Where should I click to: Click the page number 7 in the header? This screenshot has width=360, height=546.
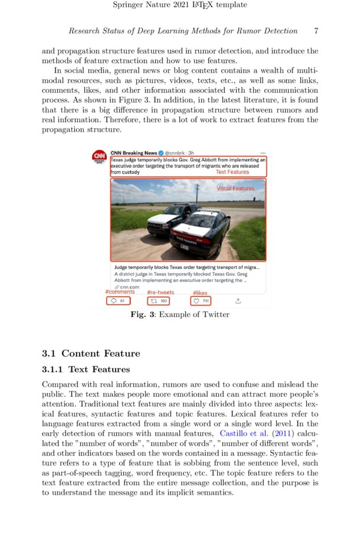[x=316, y=31]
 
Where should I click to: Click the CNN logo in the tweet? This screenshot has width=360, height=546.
[x=99, y=157]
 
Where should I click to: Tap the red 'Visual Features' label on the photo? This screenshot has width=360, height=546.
[x=235, y=188]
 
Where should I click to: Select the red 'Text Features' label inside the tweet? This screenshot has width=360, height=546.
[x=232, y=172]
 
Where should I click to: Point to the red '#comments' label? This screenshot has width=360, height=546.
[x=120, y=292]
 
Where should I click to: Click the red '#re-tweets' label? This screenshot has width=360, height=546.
[x=161, y=293]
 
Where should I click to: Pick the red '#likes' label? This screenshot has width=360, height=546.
[x=200, y=293]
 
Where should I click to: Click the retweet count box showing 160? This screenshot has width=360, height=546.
[x=160, y=301]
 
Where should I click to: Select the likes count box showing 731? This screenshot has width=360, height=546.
[x=201, y=301]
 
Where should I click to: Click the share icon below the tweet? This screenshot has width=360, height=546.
[x=238, y=301]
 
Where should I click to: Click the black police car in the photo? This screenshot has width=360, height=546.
[x=201, y=234]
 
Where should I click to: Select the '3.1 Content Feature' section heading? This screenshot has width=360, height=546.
[x=91, y=354]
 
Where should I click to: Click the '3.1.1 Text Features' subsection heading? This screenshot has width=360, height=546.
[x=86, y=370]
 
